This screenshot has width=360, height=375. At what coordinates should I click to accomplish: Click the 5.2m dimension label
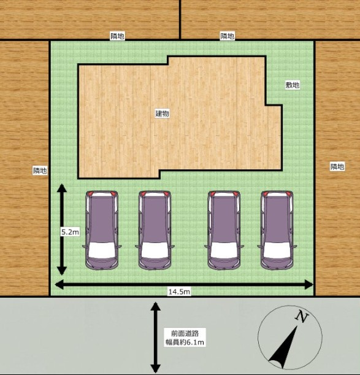pos(70,232)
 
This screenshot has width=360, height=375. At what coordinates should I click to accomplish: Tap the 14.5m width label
pos(179,292)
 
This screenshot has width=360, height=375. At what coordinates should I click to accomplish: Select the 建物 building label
pos(163,114)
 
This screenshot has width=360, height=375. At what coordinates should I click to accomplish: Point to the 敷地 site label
pos(293,85)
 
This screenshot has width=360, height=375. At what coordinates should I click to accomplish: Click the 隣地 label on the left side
pos(40,171)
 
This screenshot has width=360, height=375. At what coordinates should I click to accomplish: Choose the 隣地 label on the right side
pos(337,166)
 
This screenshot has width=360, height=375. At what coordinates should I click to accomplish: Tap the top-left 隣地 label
pos(117,36)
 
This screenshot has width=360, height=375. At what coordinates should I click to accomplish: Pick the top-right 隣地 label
pos(228,36)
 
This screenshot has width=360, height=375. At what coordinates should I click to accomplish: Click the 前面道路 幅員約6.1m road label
pos(185,338)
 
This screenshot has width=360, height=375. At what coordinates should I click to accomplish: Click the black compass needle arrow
pos(284,347)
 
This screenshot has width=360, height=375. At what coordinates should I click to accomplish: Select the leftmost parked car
pos(102,230)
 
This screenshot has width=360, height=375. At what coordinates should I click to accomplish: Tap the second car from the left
pos(155,230)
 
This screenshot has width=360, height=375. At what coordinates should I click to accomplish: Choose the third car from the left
pos(224,230)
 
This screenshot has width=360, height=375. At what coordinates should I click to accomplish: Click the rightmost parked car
pos(277,230)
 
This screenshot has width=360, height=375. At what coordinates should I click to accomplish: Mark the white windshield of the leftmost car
pos(102,250)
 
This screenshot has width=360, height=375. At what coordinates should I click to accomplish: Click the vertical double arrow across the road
pos(155,338)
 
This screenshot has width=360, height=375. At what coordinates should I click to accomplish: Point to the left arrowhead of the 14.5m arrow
pos(59,284)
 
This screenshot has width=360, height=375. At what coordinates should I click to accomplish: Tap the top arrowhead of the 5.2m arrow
pos(62,188)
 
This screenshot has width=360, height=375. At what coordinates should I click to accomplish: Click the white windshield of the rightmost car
pos(277,250)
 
